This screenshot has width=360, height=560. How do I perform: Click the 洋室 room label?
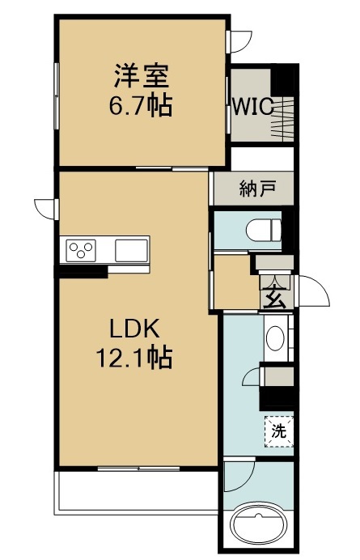pyautogui.click(x=142, y=76)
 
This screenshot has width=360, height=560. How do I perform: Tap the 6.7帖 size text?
pyautogui.click(x=141, y=104)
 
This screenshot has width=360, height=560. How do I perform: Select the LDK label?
pyautogui.click(x=134, y=329)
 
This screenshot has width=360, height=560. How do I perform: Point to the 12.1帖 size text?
pyautogui.click(x=134, y=357)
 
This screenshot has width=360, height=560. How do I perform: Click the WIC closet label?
pyautogui.click(x=253, y=106)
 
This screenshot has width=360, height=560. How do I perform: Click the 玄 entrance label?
pyautogui.click(x=274, y=298)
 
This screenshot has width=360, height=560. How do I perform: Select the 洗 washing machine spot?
pyautogui.click(x=279, y=431)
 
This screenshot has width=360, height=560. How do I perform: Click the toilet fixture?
pyautogui.click(x=265, y=230)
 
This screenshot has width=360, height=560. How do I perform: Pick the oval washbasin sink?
pyautogui.click(x=275, y=337)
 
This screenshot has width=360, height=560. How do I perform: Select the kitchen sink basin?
pyautogui.click(x=131, y=250)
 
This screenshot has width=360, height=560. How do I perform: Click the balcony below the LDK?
pyautogui.click(x=136, y=492)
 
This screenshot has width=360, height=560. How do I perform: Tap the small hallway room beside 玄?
pyautogui.click(x=235, y=282)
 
